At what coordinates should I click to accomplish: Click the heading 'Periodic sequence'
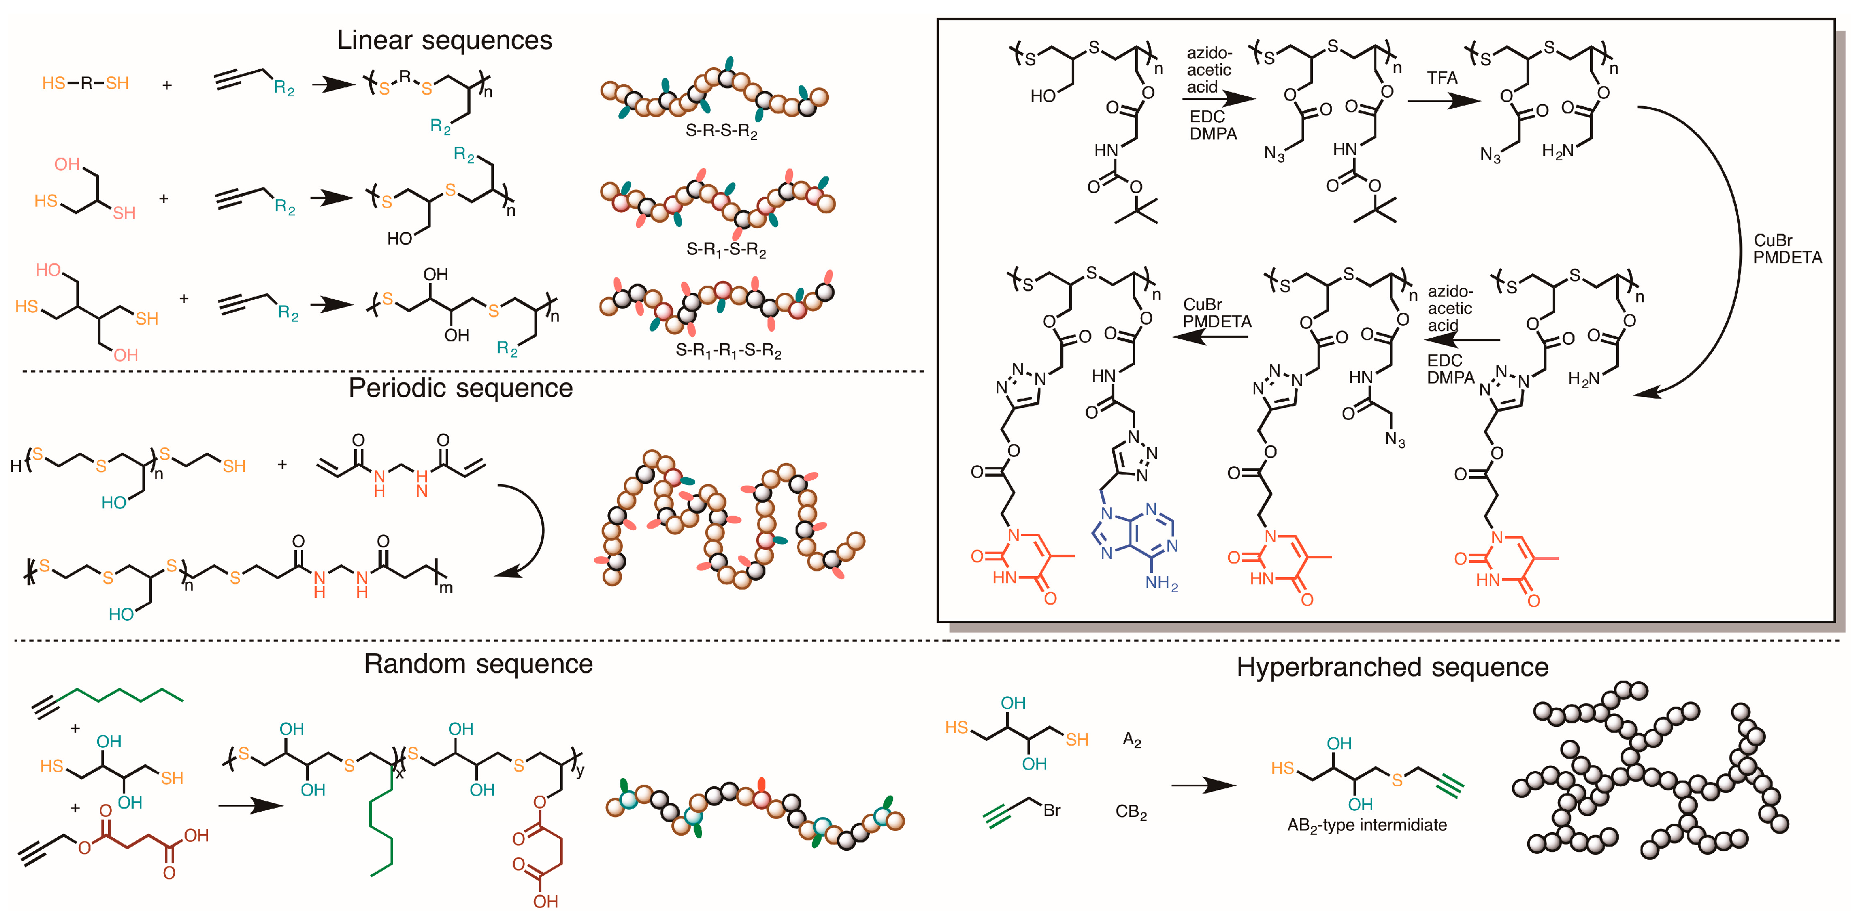point(460,388)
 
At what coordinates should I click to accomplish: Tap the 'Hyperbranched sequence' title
point(1391,667)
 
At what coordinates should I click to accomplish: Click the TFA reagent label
point(1441,78)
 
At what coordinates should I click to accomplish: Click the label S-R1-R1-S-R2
point(727,351)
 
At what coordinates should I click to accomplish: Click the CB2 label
point(1130,812)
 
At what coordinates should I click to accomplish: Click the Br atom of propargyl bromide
point(1051,810)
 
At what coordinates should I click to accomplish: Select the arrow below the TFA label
point(1443,100)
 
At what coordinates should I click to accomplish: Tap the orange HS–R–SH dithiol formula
point(85,83)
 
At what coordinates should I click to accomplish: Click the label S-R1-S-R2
point(725,250)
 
